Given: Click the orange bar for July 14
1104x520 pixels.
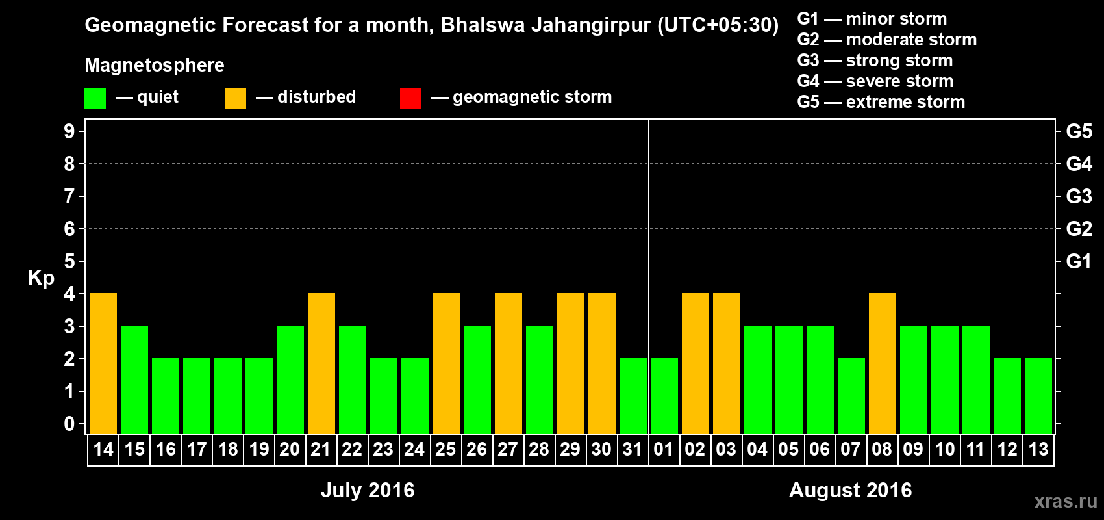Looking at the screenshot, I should (103, 363).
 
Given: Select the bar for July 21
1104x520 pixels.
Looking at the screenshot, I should (321, 363).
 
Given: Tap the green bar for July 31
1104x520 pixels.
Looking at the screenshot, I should (633, 396).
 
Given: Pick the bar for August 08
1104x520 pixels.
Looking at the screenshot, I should (883, 363).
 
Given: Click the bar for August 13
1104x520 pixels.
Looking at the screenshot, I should (1038, 396).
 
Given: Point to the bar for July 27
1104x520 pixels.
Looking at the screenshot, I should (508, 363).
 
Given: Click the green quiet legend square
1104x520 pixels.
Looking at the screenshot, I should (95, 98).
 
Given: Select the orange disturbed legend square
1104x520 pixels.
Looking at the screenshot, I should (235, 98).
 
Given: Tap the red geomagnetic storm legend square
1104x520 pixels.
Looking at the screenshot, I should (410, 98).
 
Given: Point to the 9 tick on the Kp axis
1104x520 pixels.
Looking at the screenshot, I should (69, 131).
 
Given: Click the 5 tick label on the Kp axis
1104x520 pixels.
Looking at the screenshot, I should (69, 261).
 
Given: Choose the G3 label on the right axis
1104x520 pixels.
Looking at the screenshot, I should (1079, 196).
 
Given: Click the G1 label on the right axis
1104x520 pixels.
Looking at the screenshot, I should (1079, 261).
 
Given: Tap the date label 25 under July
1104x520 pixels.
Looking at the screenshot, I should (445, 449).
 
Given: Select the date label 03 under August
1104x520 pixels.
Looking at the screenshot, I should (726, 449).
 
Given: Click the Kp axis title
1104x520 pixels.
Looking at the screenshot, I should (41, 278).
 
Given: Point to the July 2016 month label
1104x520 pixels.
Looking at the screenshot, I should (368, 490).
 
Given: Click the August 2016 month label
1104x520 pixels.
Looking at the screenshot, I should (850, 490).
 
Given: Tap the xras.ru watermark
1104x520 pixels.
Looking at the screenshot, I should (1066, 501).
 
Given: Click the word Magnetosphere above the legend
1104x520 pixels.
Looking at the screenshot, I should (155, 65).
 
